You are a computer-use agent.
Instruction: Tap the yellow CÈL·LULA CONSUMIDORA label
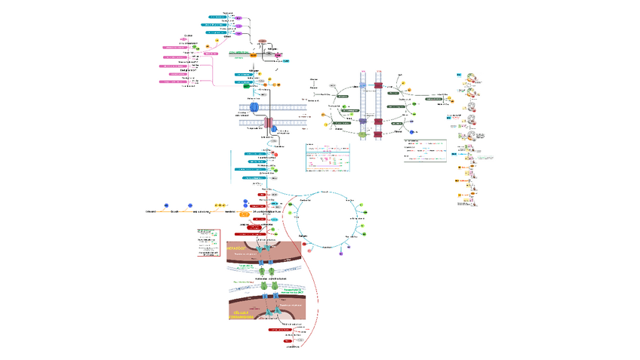tap(241, 314)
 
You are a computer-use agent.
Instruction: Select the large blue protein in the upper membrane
tap(254, 108)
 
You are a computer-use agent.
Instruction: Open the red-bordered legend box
tap(205, 244)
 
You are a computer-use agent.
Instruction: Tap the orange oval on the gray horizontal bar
tap(254, 54)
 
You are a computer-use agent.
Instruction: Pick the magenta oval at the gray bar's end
tap(277, 55)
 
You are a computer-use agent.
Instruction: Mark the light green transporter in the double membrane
tap(362, 134)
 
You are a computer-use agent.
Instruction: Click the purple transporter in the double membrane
tap(362, 121)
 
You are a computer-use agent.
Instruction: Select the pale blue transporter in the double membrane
tap(362, 86)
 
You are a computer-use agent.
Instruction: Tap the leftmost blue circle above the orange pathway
tap(165, 204)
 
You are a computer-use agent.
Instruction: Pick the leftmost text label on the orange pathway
tap(151, 211)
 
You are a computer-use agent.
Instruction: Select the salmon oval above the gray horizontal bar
tap(262, 42)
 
